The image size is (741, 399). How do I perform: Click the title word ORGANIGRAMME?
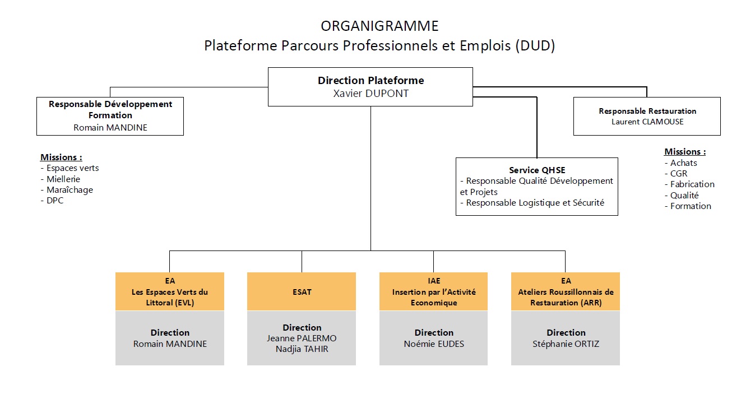(x=379, y=26)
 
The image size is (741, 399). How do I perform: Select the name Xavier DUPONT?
(x=370, y=94)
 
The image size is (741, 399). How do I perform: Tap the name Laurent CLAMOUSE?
(x=647, y=122)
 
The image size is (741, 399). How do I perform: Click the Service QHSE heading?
(x=537, y=170)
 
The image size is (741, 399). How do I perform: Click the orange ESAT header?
(x=302, y=291)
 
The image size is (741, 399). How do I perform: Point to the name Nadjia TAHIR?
(x=302, y=349)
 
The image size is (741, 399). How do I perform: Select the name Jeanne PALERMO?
(x=302, y=338)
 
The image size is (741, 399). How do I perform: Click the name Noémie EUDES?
(x=434, y=344)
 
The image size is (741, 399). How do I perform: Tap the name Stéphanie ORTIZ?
(x=566, y=344)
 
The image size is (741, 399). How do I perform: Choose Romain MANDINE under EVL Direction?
(x=170, y=344)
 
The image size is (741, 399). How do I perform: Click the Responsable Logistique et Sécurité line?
(x=532, y=203)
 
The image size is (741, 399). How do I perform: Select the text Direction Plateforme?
(x=370, y=80)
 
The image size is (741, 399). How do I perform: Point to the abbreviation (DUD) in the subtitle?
(x=535, y=45)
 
